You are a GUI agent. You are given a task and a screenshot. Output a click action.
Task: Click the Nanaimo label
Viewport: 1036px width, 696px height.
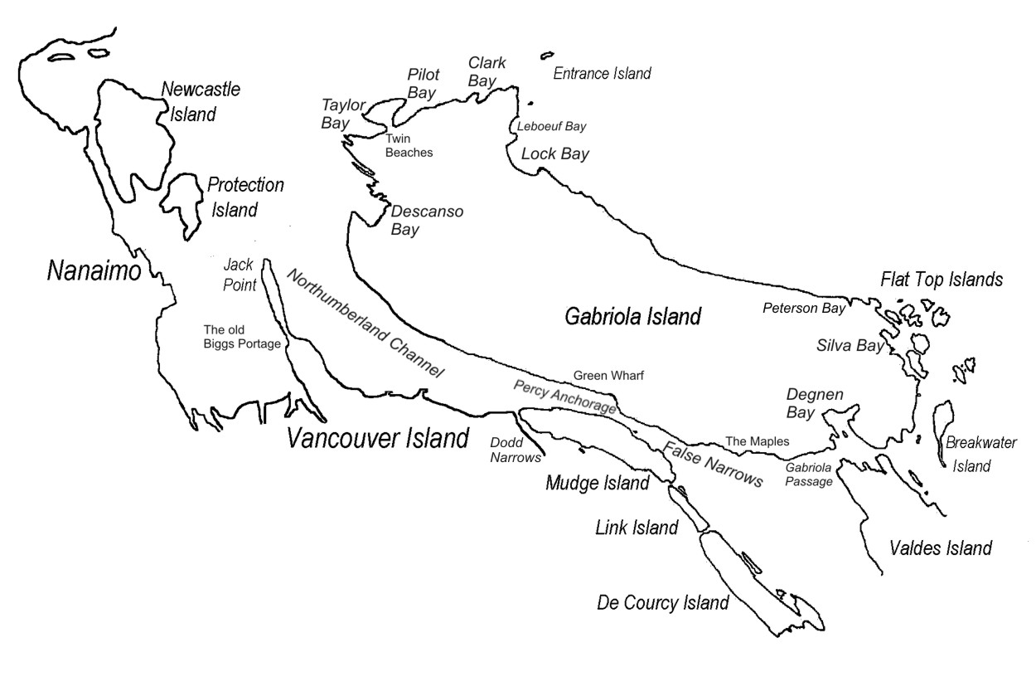(x=94, y=271)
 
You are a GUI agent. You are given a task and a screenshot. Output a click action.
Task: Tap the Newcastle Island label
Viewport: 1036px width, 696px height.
(x=200, y=100)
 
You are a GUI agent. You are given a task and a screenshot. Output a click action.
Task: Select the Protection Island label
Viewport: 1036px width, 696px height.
(x=245, y=197)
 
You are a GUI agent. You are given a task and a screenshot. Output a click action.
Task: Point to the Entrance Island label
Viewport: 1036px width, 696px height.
(x=602, y=74)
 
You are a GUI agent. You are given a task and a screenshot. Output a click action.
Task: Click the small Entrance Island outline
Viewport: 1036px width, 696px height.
(x=546, y=56)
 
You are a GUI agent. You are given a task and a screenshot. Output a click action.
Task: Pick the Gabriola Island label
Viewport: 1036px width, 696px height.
(x=633, y=315)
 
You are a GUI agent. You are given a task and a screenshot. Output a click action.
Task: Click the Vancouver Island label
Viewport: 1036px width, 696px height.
(x=378, y=438)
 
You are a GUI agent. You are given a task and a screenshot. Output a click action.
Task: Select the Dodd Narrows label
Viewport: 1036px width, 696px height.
(x=515, y=450)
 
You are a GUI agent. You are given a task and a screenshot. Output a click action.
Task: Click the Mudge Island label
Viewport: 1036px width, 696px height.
(x=597, y=483)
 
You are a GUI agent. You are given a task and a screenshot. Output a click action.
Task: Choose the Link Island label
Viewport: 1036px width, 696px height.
(x=637, y=527)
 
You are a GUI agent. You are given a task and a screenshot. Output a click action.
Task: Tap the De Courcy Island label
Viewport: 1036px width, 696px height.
(x=663, y=603)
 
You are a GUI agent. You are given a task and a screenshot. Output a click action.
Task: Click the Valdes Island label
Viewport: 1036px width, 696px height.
(x=940, y=548)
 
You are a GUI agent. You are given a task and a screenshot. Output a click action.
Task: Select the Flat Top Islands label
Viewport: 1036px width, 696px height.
(x=942, y=280)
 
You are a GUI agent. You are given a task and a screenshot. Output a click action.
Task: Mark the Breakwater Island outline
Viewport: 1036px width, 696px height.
(x=942, y=431)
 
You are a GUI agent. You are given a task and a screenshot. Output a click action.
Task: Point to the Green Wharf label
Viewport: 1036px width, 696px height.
(x=608, y=376)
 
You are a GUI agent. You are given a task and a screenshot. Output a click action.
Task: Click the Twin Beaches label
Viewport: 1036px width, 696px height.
(x=409, y=146)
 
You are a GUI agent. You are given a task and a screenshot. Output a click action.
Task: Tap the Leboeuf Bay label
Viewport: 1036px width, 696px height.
(x=551, y=127)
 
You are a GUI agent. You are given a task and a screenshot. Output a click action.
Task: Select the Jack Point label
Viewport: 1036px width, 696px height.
(x=240, y=275)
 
